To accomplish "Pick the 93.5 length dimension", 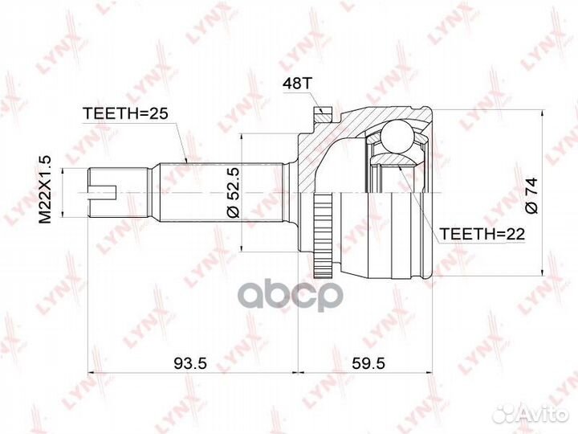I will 190,363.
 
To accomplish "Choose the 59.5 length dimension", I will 368,363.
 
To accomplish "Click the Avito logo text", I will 539,412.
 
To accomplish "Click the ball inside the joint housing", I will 394,135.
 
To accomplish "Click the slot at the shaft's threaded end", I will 104,192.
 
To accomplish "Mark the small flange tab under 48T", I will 320,112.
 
